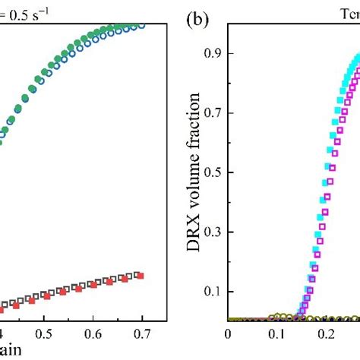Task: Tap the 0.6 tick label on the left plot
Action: point(93,333)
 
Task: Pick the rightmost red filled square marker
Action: point(140,276)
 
